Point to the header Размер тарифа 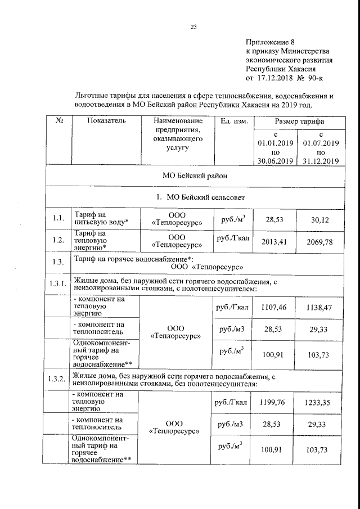point(299,121)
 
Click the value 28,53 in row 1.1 point(273,219)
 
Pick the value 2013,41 point(273,242)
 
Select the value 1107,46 point(273,308)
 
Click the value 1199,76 point(273,403)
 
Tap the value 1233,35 point(321,403)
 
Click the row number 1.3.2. point(58,378)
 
